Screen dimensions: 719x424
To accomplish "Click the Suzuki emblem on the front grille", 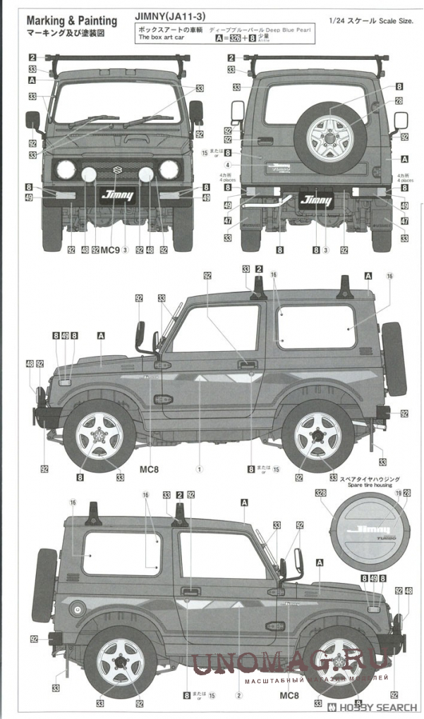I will click(x=116, y=170).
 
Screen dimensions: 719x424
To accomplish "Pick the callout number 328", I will click(x=321, y=493).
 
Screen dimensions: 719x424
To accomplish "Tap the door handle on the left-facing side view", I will click(x=246, y=364).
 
